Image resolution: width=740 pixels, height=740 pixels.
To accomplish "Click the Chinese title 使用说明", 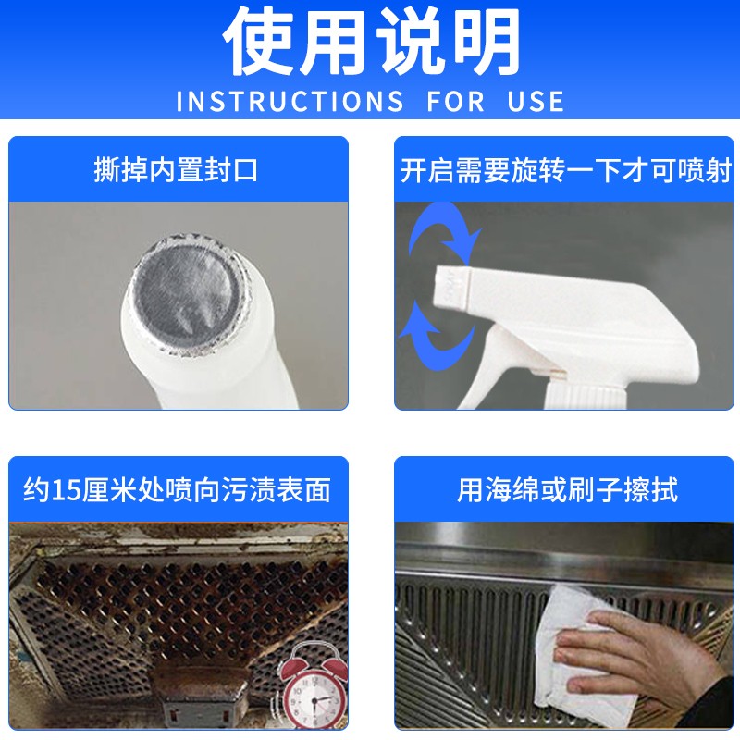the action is coord(371,42).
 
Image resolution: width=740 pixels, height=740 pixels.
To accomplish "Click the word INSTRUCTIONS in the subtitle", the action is coord(290,102).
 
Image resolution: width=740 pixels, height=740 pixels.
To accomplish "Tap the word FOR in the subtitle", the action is coord(455,102).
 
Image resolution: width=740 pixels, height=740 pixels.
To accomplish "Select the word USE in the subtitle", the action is coord(536,102).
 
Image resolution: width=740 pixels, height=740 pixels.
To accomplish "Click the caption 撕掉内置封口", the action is coord(176,170).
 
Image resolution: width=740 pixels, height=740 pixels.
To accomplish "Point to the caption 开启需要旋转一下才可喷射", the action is coord(565,170).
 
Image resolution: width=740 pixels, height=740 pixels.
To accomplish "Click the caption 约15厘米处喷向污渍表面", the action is coord(177,490).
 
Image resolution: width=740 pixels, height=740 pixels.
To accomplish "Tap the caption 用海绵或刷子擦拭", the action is coord(567,490).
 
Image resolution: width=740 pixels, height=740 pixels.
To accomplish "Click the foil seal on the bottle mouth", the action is coord(189,292).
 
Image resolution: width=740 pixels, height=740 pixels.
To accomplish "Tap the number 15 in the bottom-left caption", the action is coord(65,491).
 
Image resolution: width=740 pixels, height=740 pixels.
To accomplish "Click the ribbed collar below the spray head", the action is coord(585,396).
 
